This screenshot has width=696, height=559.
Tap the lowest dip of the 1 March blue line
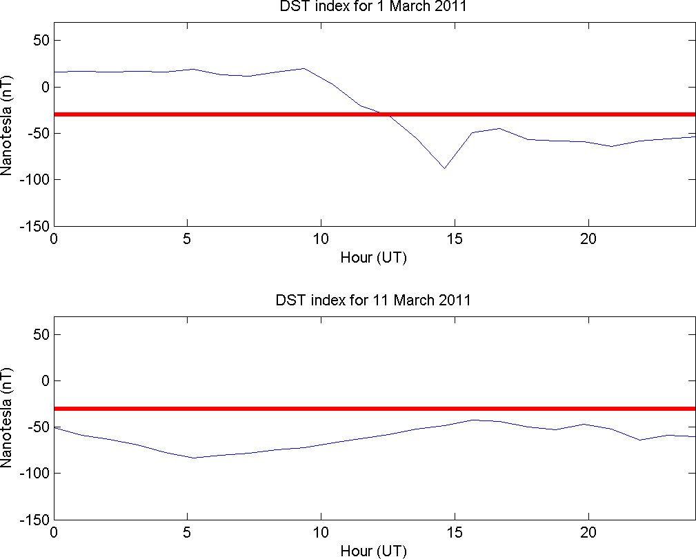point(445,168)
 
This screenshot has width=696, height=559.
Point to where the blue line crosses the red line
point(385,114)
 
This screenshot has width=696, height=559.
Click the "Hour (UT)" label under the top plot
point(375,258)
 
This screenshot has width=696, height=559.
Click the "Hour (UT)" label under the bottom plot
point(375,551)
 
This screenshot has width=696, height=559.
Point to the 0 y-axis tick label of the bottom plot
point(46,381)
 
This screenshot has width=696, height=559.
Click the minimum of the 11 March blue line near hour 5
point(195,458)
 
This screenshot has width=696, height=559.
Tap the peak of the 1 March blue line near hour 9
point(304,68)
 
